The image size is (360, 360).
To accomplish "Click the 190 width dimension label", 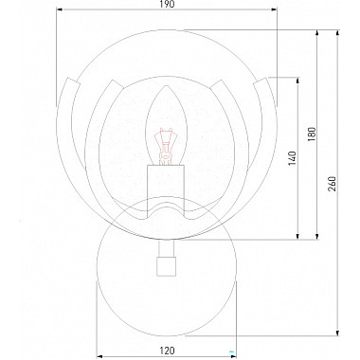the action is click(x=167, y=4).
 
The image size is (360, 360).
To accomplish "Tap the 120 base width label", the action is click(x=167, y=351).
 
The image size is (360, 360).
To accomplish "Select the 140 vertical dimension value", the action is click(x=292, y=158).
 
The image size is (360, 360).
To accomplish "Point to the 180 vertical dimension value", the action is click(x=312, y=135).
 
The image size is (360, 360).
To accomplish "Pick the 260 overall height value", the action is click(x=333, y=184).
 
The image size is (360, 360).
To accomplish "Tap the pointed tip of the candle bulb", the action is click(x=166, y=86).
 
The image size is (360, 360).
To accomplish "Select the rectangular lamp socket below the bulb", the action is click(x=166, y=191).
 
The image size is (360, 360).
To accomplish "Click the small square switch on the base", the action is click(x=166, y=266).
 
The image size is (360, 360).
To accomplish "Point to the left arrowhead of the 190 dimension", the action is click(x=61, y=9).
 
